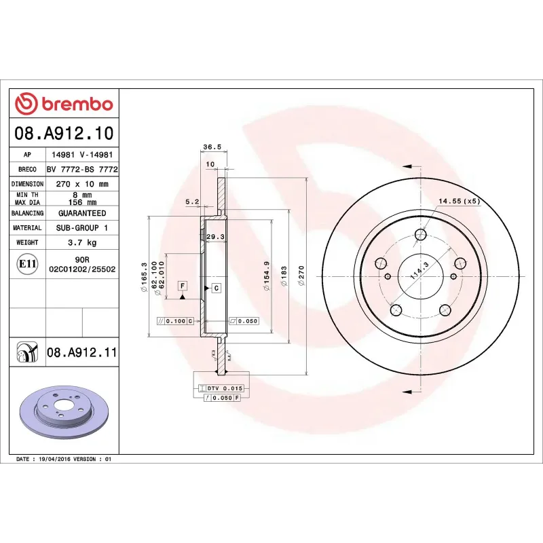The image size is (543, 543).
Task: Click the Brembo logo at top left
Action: (64, 103)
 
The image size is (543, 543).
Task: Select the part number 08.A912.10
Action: (64, 133)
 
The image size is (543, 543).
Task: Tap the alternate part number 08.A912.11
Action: (82, 352)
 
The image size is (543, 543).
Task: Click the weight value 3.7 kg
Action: (81, 242)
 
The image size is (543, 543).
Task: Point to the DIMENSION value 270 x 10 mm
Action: (81, 184)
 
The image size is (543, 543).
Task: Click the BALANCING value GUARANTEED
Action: (81, 213)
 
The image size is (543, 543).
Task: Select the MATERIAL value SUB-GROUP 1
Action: (81, 228)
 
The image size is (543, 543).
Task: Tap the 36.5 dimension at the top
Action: (212, 147)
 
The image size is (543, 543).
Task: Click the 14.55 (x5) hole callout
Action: (459, 201)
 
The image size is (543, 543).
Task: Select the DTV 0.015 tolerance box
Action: (224, 388)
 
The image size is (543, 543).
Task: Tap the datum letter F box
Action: (183, 285)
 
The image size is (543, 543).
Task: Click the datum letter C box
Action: (216, 288)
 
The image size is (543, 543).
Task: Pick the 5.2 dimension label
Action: (192, 202)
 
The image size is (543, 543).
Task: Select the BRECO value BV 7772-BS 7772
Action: (81, 169)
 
